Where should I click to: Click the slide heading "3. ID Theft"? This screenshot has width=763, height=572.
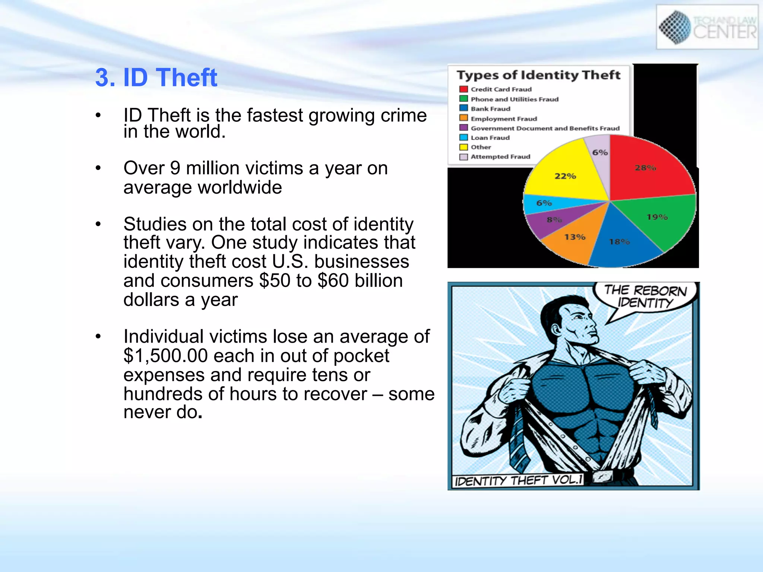coord(156,77)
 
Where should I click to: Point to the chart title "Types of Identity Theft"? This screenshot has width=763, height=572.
coord(538,75)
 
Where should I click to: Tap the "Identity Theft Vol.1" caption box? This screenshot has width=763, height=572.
coord(518,480)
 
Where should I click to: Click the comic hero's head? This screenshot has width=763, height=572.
coord(570,320)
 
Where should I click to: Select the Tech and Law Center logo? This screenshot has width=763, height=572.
coord(707,27)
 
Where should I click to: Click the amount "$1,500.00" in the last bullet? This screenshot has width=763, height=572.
coord(165,356)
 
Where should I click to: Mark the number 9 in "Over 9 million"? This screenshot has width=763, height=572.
coord(175,168)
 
